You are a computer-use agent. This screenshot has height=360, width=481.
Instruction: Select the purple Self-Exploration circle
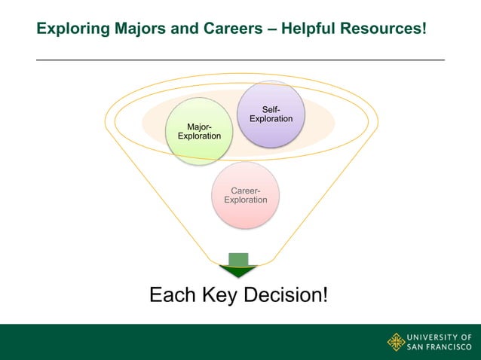point(271,114)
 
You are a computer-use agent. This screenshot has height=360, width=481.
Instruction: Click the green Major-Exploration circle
point(199,131)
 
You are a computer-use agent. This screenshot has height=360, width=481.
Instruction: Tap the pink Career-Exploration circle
point(246,195)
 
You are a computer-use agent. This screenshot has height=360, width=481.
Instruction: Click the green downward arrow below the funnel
point(238,265)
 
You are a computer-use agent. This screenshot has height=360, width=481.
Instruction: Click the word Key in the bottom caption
point(218,294)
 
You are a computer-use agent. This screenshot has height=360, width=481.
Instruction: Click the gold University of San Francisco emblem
point(396,342)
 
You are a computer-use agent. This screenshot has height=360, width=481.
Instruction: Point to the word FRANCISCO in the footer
point(451,347)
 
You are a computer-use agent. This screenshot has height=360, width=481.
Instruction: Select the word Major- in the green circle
point(199,126)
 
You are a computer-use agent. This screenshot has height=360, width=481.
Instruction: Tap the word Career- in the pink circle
point(246,190)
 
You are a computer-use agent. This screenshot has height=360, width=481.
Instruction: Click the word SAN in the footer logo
point(417,347)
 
